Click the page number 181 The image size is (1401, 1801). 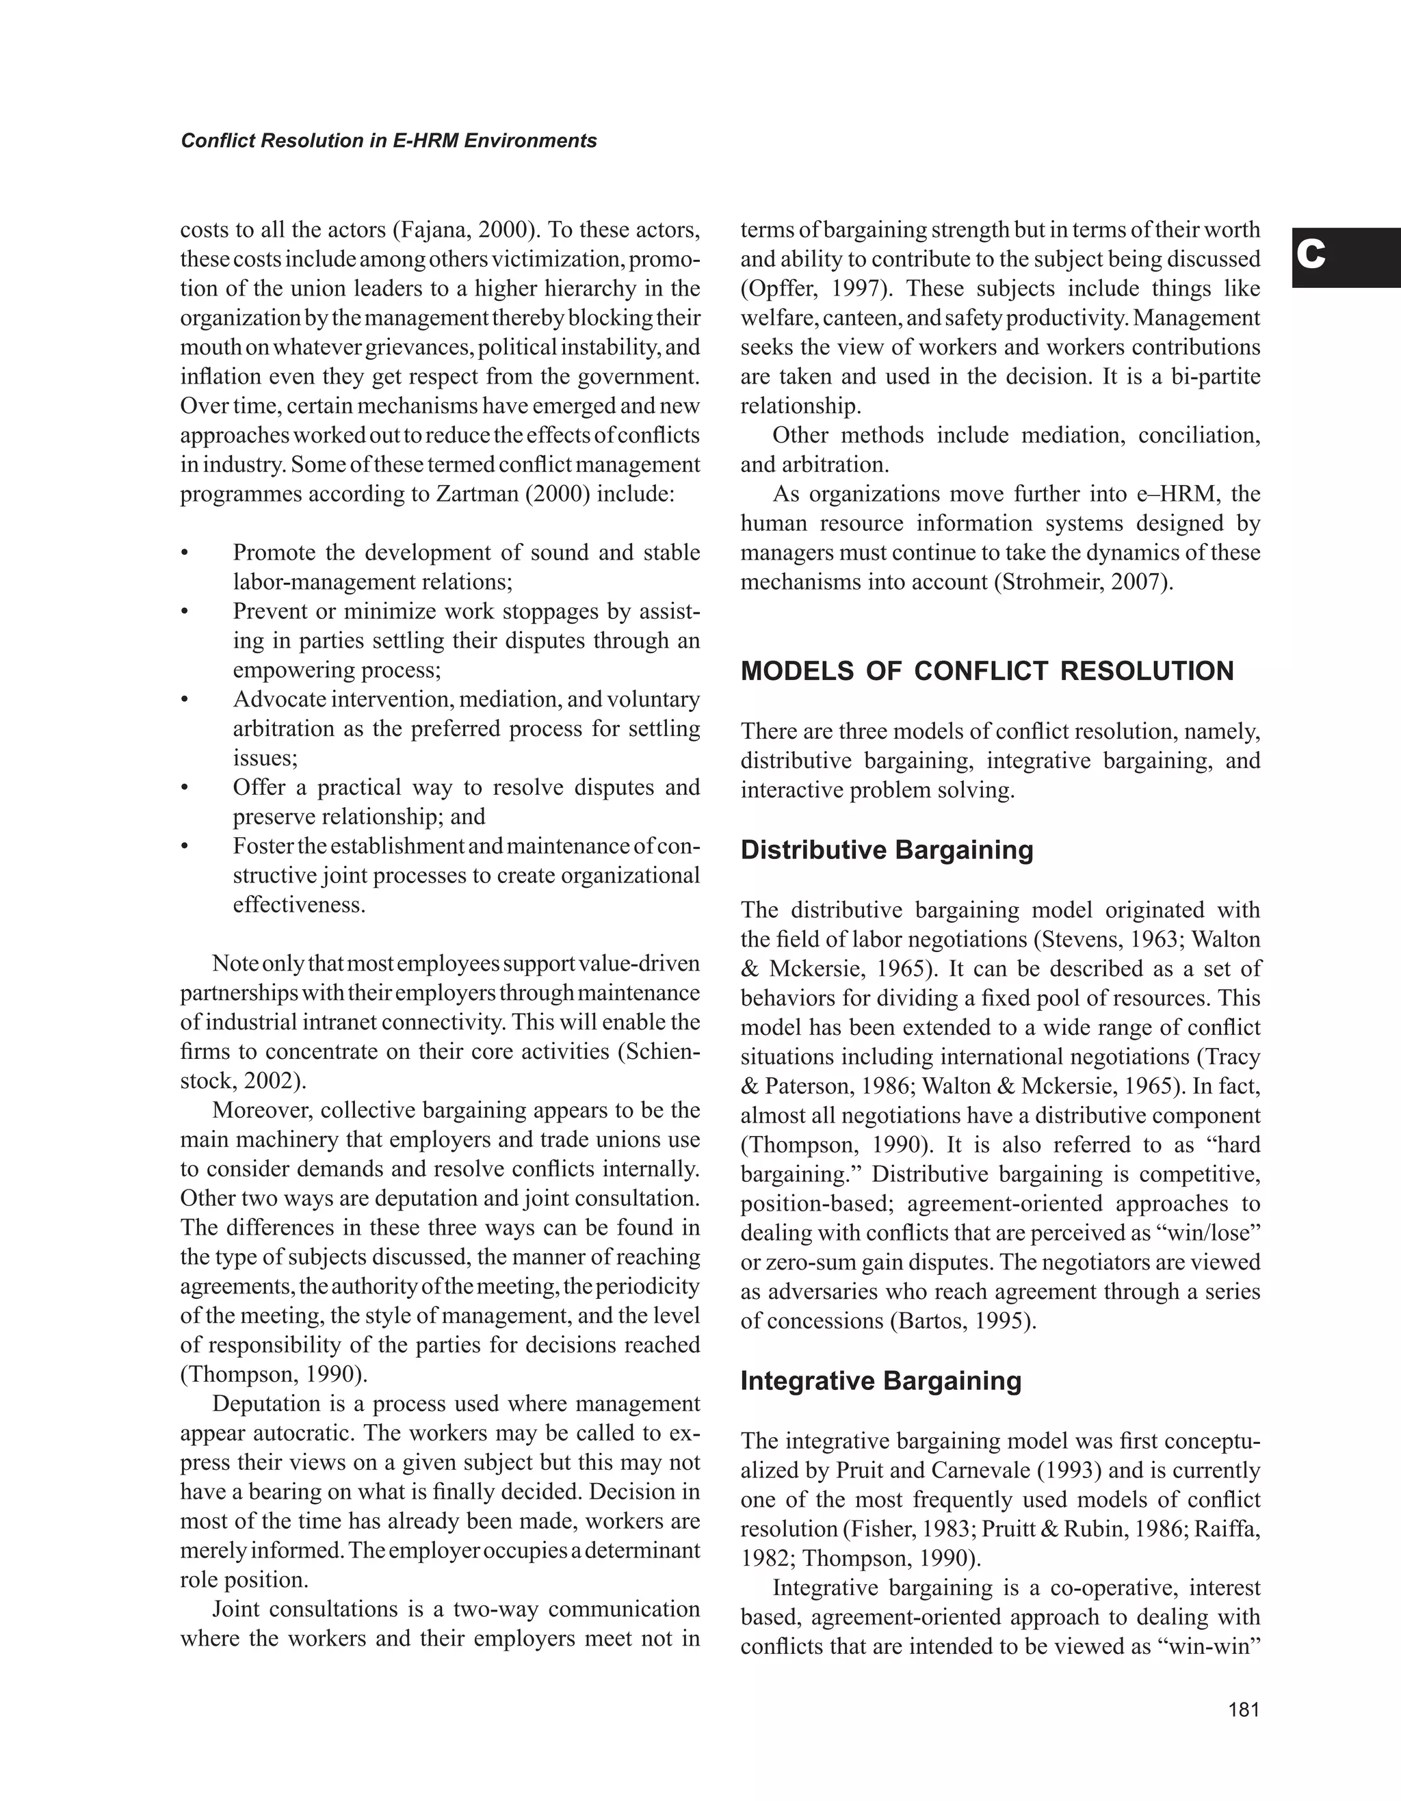pos(1244,1709)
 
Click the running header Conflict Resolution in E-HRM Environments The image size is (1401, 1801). pos(389,141)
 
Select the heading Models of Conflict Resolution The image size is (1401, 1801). pos(987,671)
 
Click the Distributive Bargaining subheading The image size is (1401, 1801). pos(887,850)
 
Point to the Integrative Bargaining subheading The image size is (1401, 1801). pos(880,1380)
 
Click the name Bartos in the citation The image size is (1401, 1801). pos(931,1321)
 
